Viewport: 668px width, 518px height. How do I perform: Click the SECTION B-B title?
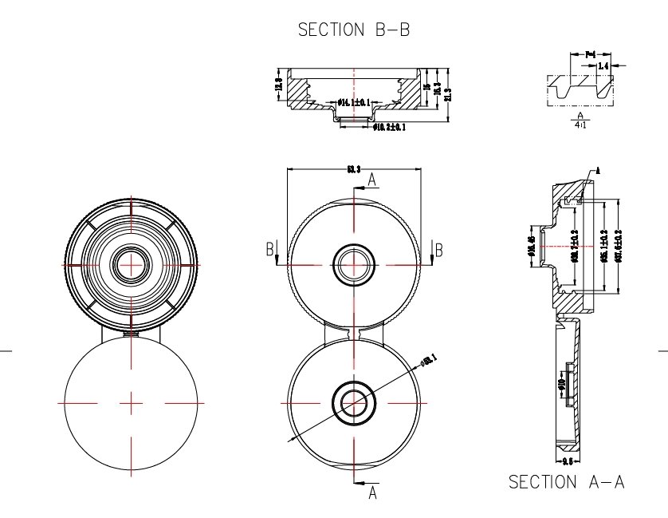click(x=353, y=30)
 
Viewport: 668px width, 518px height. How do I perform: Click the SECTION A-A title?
click(x=565, y=482)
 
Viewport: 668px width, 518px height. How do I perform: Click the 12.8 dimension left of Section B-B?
click(x=279, y=85)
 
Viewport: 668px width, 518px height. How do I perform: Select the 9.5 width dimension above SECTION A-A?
click(x=568, y=462)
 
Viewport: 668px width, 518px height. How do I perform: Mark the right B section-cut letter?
click(x=438, y=250)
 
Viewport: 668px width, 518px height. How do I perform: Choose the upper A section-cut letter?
click(x=371, y=180)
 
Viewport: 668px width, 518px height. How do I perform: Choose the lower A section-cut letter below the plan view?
click(x=371, y=494)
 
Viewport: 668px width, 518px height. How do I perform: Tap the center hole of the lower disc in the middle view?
click(x=352, y=401)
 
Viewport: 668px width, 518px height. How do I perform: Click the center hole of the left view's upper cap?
click(x=131, y=264)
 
